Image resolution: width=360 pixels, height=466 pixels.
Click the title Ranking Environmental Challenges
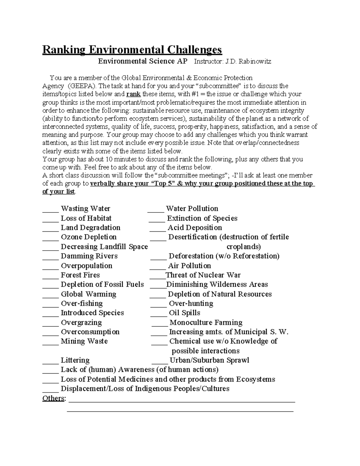pos(132,50)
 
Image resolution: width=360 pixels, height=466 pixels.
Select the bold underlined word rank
pos(133,94)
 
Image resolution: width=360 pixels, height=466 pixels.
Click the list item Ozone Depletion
pos(88,237)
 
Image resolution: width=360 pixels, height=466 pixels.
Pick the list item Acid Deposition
pos(195,228)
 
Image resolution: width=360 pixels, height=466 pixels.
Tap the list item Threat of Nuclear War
pos(203,275)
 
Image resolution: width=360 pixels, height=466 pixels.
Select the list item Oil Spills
pos(184,313)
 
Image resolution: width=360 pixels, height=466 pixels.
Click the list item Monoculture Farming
pos(206,323)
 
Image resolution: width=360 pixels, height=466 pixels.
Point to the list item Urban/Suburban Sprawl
pos(209,360)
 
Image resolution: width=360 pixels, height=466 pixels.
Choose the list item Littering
pos(75,360)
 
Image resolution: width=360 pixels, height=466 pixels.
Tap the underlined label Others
pos(53,398)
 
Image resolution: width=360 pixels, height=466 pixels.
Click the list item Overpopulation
pos(86,266)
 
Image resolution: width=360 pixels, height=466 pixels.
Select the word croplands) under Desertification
pos(243,247)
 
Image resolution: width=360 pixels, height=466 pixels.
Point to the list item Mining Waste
pos(84,341)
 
